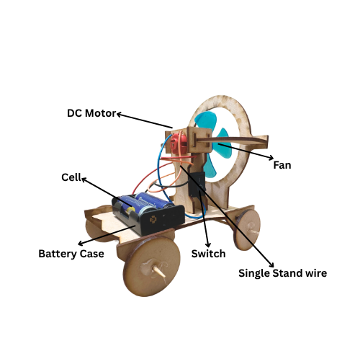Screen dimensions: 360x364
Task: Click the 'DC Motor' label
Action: tap(91, 113)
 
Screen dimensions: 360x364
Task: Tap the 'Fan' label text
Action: tap(282, 165)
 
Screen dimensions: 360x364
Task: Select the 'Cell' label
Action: tap(71, 177)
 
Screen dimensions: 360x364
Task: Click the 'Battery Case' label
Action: tap(71, 254)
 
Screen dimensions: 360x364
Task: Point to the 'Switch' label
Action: tap(208, 254)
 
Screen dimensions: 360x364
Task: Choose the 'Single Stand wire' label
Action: tap(282, 273)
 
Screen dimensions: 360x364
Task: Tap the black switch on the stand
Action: tap(197, 184)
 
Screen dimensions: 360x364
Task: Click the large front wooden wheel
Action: tap(152, 266)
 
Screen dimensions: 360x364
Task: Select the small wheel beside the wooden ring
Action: tap(248, 230)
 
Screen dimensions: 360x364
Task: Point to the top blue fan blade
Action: tap(206, 121)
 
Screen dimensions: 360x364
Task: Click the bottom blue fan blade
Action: tap(210, 166)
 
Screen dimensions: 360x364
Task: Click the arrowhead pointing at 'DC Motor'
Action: tap(119, 115)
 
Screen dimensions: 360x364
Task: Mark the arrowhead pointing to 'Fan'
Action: tap(271, 158)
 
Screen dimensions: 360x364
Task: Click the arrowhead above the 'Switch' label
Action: tap(208, 244)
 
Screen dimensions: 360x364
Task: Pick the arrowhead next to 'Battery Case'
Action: tap(81, 243)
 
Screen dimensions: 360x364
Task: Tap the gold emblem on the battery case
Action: tap(153, 219)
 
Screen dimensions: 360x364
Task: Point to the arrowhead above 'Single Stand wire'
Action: tap(271, 265)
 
